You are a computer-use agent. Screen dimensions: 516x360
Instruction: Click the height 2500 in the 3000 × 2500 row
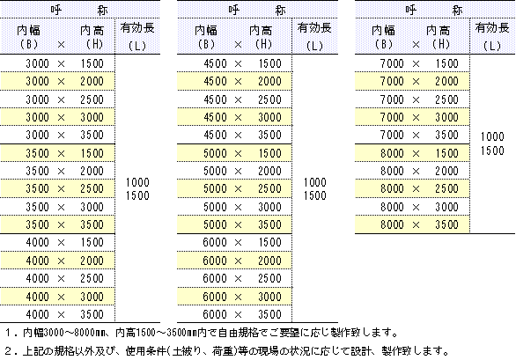(92, 99)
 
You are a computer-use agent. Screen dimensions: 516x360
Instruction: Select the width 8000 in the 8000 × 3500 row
(392, 224)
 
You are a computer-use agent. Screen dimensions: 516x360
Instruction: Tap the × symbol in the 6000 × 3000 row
(238, 298)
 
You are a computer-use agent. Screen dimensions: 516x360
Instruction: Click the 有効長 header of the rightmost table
(492, 28)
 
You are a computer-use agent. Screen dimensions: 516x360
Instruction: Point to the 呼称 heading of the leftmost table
(79, 11)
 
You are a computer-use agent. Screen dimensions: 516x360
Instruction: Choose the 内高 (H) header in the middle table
(262, 37)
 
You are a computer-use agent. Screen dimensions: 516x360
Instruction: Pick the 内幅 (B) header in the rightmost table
(384, 37)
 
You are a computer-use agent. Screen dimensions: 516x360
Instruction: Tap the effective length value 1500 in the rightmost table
(492, 151)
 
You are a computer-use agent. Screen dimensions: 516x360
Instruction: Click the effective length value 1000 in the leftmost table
(137, 182)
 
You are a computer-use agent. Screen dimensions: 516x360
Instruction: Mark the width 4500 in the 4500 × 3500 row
(215, 135)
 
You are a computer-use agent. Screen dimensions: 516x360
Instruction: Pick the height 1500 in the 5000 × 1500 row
(269, 153)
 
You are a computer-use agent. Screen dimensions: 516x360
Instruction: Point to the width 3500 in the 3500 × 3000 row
(38, 207)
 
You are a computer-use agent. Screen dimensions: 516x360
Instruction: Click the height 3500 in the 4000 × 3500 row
(92, 314)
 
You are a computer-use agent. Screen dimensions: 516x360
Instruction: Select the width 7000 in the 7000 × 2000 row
(392, 81)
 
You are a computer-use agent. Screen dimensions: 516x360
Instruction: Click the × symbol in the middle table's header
(238, 44)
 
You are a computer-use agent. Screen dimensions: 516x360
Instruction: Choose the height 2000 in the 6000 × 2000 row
(269, 261)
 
